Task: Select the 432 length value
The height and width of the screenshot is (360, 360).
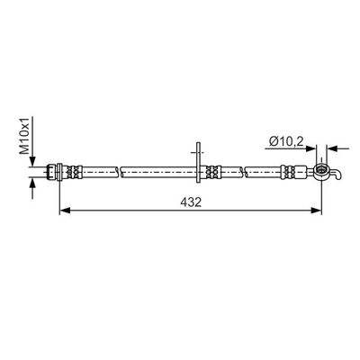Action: point(190,203)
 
